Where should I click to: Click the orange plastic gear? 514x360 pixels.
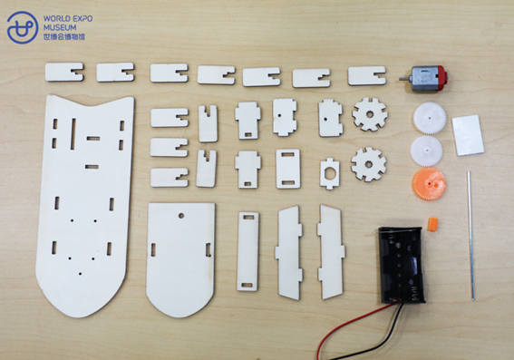click(429, 184)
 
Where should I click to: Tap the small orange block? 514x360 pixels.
click(432, 225)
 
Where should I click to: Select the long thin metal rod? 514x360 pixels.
click(470, 235)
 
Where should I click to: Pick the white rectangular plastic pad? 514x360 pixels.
click(468, 135)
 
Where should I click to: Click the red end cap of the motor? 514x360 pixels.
click(441, 78)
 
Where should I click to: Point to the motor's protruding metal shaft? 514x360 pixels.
click(404, 79)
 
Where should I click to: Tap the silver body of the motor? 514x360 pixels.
click(423, 79)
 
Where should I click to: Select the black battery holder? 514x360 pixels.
click(402, 264)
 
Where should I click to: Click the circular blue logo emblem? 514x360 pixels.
click(23, 27)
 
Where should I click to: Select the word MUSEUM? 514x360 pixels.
click(60, 27)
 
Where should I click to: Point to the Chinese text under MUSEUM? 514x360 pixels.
click(64, 36)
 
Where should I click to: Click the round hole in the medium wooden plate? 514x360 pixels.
click(181, 216)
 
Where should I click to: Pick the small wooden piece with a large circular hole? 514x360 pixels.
click(330, 173)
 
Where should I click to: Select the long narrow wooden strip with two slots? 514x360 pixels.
click(247, 251)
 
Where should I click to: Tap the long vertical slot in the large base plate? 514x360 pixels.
click(73, 134)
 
